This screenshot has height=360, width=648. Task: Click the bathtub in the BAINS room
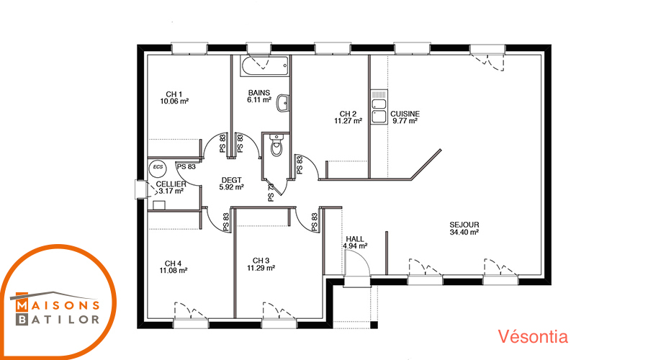click(x=265, y=66)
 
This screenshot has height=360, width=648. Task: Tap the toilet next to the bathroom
click(x=276, y=145)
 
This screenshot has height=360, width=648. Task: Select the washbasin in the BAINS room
click(x=283, y=104)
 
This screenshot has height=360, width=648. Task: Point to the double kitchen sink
click(x=379, y=107)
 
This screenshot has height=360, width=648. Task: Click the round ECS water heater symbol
click(x=158, y=167)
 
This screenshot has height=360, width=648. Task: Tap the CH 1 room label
click(x=174, y=94)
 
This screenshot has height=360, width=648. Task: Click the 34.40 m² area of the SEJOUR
click(x=464, y=233)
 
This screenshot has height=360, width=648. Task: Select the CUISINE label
click(x=405, y=114)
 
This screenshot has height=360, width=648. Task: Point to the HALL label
click(x=355, y=239)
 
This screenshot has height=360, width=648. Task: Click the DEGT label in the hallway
click(x=231, y=180)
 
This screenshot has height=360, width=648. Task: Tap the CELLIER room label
click(x=171, y=184)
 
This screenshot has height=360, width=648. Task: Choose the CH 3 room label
click(x=261, y=261)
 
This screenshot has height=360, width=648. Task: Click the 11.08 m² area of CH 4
click(x=174, y=271)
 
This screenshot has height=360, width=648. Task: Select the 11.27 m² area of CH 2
click(x=348, y=121)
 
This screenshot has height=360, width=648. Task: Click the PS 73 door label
click(x=271, y=193)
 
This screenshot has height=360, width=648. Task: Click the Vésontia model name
click(x=533, y=336)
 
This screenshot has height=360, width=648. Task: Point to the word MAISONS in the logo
click(x=58, y=305)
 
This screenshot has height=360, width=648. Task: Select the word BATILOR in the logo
click(x=58, y=319)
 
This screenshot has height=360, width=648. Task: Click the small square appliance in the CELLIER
click(x=159, y=205)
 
